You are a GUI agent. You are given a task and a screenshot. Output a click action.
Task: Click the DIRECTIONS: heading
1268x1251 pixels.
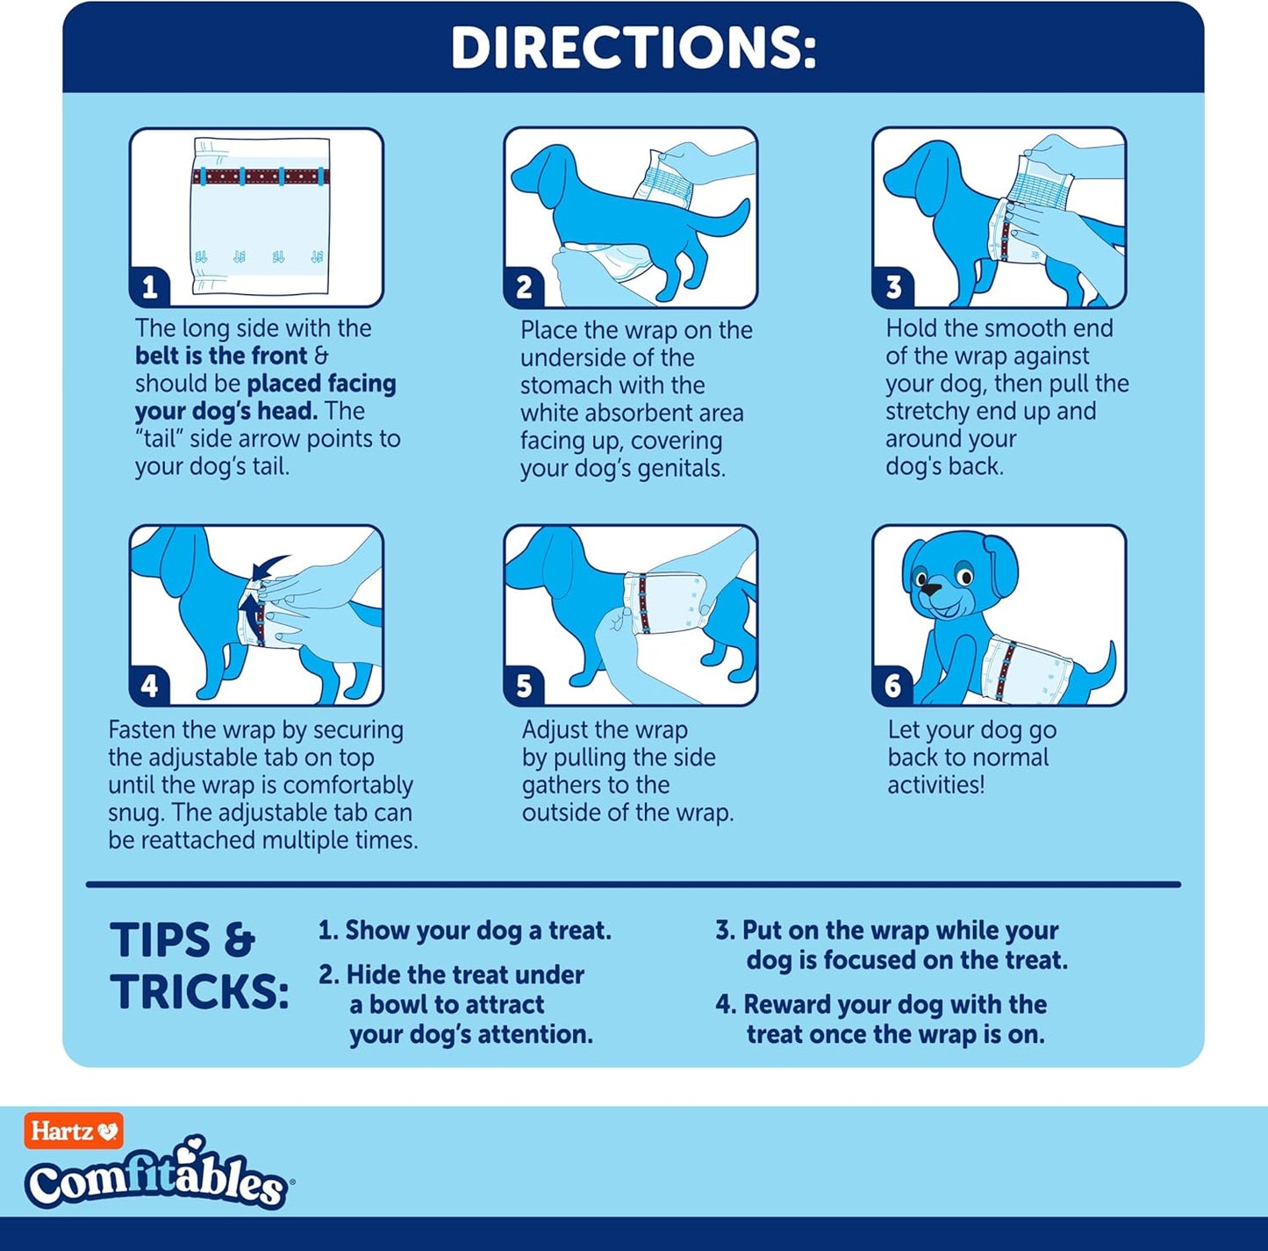633,48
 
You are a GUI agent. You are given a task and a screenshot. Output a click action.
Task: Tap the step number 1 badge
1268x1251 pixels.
149,287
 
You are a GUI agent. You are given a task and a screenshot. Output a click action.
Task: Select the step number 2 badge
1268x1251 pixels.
524,287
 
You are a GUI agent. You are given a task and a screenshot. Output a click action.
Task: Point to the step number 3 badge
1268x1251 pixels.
893,287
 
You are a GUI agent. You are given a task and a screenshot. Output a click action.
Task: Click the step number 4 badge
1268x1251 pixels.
149,687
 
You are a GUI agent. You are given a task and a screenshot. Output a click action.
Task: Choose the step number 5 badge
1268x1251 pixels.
524,687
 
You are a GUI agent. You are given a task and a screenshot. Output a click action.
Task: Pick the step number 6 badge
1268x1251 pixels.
893,687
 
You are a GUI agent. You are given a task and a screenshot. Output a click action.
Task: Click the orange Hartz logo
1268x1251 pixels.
74,1131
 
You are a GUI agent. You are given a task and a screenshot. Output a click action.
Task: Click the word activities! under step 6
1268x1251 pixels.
935,785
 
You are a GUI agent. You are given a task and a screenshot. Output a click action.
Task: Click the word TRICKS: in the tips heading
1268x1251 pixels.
199,991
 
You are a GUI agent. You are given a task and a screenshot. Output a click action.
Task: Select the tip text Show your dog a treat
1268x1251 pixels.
478,931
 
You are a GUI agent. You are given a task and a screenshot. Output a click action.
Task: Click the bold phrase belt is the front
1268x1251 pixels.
221,356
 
